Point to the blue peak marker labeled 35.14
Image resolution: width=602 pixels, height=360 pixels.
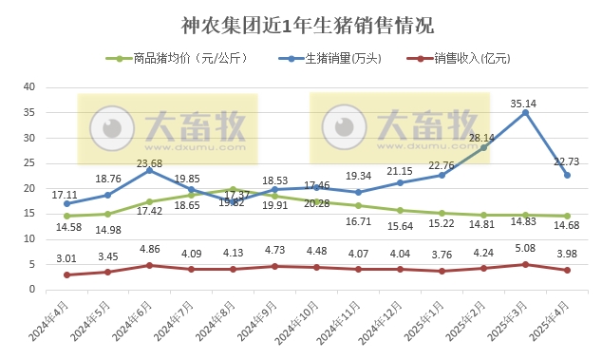coord(525,112)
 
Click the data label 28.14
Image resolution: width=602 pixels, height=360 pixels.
coord(481,137)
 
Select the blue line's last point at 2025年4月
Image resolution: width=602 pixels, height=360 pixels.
coord(567,175)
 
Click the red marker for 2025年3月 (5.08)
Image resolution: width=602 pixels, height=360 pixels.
coord(525,264)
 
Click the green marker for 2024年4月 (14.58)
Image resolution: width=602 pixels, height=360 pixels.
coord(66,216)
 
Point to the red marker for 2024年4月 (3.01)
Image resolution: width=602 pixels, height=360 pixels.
coord(66,275)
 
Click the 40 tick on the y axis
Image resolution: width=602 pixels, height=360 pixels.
coord(28,87)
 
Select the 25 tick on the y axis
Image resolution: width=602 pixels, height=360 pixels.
coord(28,163)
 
